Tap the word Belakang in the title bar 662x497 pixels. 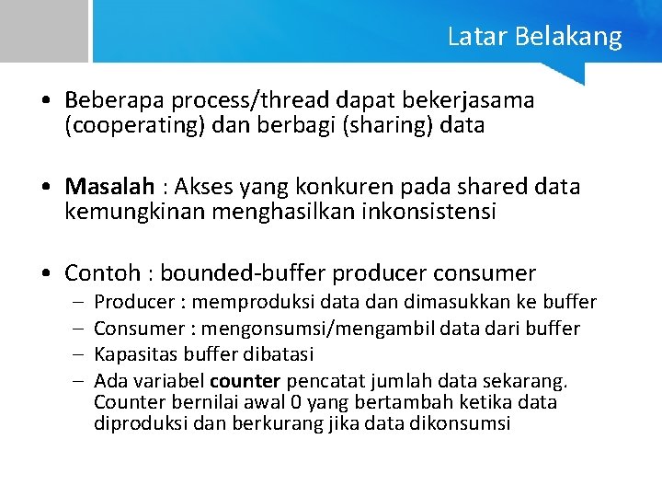[x=567, y=37]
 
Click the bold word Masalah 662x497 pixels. [x=109, y=187]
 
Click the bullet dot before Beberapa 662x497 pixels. [x=45, y=100]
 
